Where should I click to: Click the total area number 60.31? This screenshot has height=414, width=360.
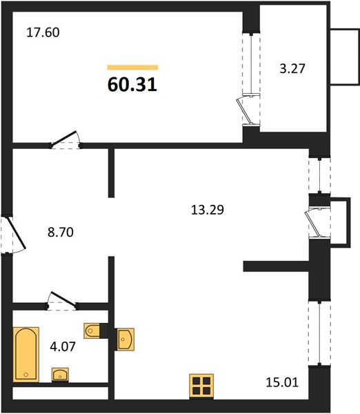[132, 85]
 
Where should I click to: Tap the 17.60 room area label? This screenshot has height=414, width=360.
[43, 32]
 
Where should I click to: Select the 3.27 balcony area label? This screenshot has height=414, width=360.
[292, 68]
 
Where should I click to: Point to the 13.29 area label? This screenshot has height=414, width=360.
[208, 210]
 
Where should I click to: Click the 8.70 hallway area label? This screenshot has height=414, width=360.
[61, 233]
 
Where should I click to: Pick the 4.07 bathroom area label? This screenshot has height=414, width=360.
[63, 346]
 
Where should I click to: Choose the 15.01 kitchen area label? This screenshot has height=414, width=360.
[282, 382]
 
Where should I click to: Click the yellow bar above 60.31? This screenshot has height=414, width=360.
[132, 68]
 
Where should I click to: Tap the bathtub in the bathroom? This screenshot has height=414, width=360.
[26, 355]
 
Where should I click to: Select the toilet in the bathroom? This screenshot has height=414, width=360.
[92, 331]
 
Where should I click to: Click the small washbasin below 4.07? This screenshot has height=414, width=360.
[60, 375]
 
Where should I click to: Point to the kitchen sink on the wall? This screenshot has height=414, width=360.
[126, 339]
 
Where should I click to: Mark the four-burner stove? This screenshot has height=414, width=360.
[201, 386]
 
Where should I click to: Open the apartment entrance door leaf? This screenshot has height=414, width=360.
[16, 233]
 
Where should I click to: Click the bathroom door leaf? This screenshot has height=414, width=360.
[63, 299]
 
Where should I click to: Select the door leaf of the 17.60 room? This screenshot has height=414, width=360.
[64, 139]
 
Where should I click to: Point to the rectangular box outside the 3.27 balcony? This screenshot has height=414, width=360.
[344, 57]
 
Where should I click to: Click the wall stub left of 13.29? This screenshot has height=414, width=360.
[111, 173]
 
